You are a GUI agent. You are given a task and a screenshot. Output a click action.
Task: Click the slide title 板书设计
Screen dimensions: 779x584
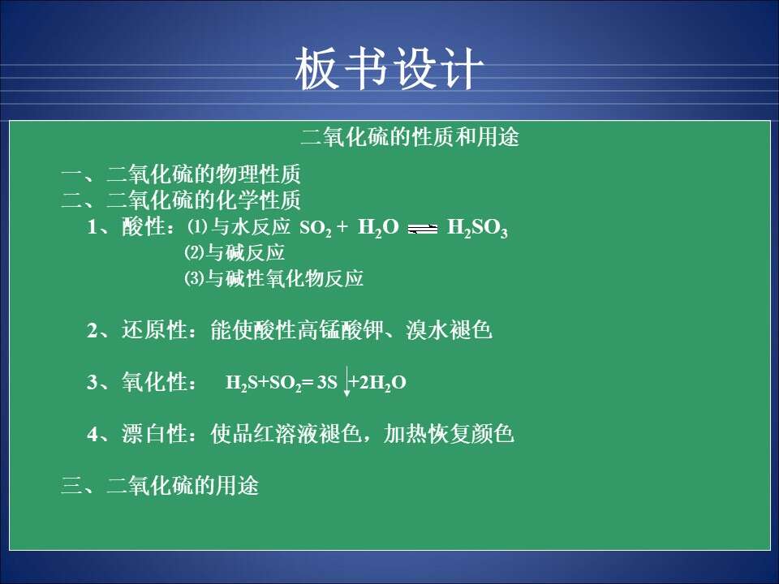click(x=389, y=68)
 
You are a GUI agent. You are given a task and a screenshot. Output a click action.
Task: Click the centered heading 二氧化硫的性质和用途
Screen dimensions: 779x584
click(x=410, y=136)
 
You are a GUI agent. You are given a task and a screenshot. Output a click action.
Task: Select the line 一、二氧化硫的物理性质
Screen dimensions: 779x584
click(x=181, y=174)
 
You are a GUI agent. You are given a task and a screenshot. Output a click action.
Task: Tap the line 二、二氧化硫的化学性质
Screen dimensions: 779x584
click(x=181, y=200)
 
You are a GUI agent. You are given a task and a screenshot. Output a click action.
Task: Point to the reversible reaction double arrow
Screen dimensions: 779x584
click(x=422, y=229)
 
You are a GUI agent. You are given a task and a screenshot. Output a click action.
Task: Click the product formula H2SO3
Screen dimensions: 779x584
click(x=477, y=228)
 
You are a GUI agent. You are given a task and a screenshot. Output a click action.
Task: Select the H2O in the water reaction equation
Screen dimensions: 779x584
click(x=378, y=228)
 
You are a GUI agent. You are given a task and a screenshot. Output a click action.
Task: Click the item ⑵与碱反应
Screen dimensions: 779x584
click(x=235, y=253)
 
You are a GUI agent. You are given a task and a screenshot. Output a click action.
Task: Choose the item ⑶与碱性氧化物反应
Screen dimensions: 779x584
click(x=273, y=278)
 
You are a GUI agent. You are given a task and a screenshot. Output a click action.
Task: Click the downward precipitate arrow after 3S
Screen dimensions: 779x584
click(x=346, y=382)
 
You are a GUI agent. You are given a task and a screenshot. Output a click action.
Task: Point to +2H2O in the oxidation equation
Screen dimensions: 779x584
click(x=378, y=383)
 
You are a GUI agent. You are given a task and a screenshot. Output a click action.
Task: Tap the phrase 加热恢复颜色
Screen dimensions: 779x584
click(x=449, y=433)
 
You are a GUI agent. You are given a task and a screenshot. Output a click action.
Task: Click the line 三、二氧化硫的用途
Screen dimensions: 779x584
click(x=160, y=485)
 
